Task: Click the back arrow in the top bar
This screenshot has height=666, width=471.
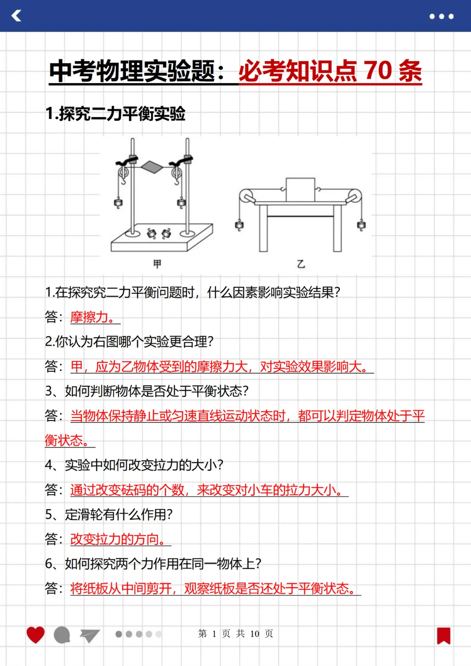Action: click(17, 16)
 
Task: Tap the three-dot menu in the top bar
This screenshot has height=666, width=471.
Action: click(441, 17)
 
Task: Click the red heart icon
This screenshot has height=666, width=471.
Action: click(35, 635)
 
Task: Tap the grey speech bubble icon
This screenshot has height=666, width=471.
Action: click(62, 635)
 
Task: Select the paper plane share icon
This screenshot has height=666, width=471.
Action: click(90, 635)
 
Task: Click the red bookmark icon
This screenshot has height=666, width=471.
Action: click(444, 635)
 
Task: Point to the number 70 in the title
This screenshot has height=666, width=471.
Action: click(378, 71)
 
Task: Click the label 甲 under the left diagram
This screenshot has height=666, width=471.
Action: click(157, 264)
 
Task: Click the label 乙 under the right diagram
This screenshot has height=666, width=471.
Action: click(301, 264)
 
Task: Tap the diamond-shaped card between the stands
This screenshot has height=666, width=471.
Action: click(151, 166)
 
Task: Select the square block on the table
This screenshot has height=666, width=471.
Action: click(300, 190)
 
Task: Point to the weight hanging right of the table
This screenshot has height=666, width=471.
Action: click(361, 225)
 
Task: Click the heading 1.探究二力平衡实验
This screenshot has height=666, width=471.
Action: click(116, 114)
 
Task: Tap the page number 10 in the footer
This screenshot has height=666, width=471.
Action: click(255, 634)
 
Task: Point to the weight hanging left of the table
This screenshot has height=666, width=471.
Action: click(239, 225)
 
